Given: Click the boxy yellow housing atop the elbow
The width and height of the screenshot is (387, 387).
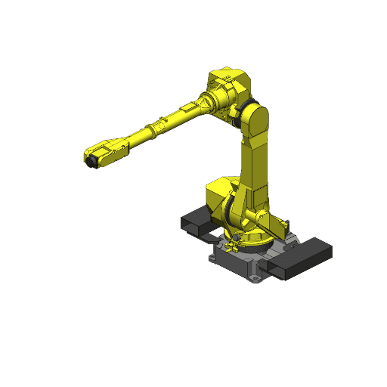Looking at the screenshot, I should pyautogui.click(x=228, y=85).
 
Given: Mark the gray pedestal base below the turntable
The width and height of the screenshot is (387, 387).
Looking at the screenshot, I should pyautogui.click(x=242, y=261).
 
